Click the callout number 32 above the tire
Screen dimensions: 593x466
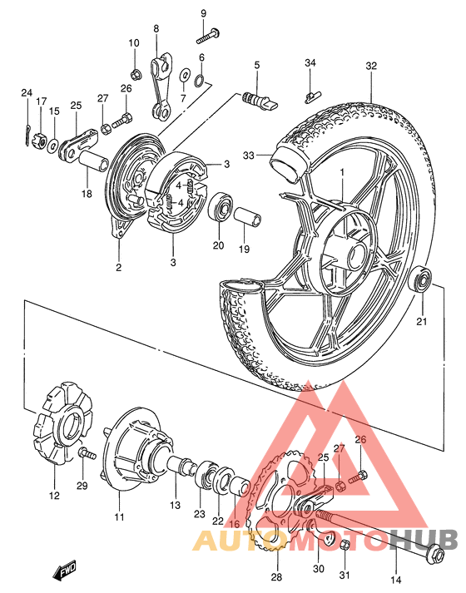point(371,66)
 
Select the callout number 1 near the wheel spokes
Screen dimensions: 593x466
point(340,172)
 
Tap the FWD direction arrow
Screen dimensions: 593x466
point(63,571)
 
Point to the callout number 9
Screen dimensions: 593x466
point(203,14)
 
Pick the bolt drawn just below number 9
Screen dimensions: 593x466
point(208,34)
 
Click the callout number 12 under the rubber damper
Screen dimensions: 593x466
point(54,497)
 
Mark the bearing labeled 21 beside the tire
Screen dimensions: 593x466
point(423,279)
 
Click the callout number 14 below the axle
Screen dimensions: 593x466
point(395,581)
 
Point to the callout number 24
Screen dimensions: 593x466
point(26,92)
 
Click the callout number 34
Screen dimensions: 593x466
point(310,63)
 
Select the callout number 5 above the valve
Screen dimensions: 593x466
point(257,64)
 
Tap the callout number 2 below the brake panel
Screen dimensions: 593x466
point(118,267)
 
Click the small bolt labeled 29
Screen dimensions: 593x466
point(86,453)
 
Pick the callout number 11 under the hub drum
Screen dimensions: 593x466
point(119,517)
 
